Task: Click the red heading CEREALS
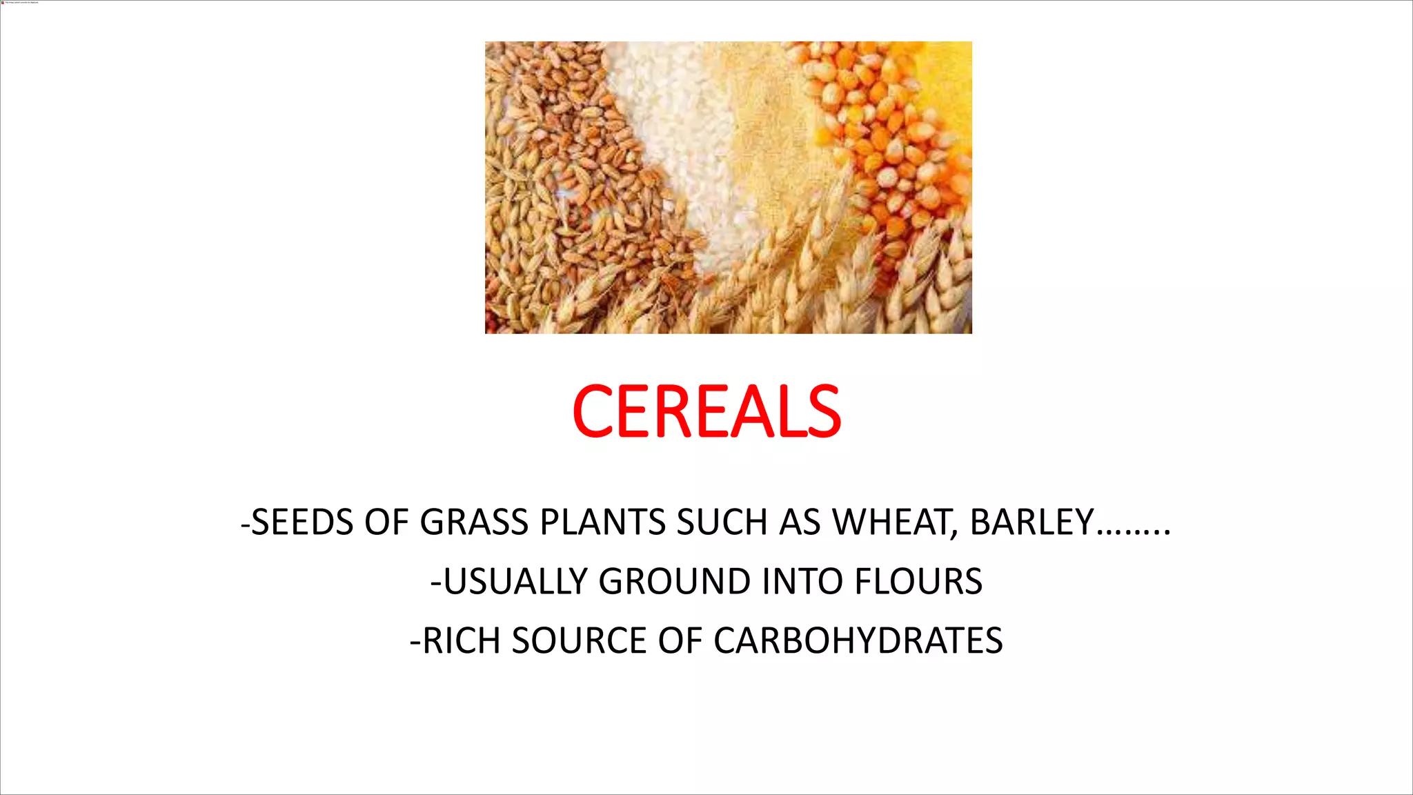[706, 412]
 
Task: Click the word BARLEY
[1032, 522]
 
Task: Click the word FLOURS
[918, 582]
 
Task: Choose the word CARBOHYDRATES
[858, 641]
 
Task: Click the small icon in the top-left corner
[3, 3]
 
